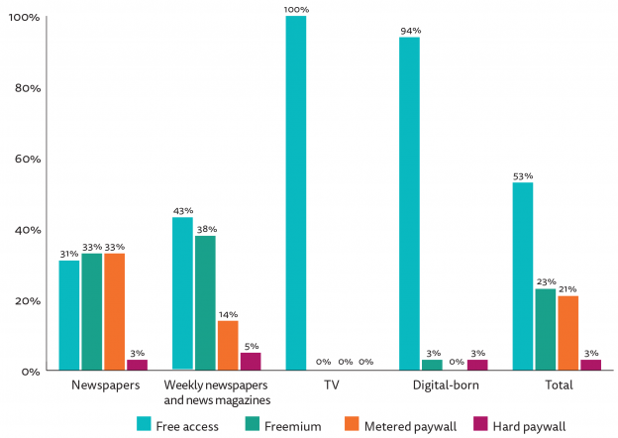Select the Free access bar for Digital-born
(x=409, y=204)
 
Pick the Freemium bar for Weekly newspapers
(x=205, y=303)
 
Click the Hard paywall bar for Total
(x=590, y=365)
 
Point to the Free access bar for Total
(x=523, y=276)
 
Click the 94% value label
(x=409, y=31)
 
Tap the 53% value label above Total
(x=523, y=175)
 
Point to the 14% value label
(x=228, y=314)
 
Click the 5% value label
(x=251, y=346)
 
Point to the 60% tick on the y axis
(x=26, y=159)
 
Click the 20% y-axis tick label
(x=26, y=300)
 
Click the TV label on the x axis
(x=330, y=384)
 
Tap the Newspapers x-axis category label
(x=104, y=384)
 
